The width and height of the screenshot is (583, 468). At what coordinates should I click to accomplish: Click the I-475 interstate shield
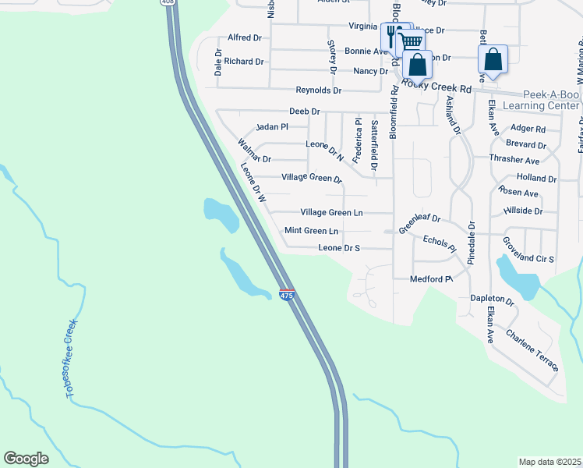click(x=287, y=295)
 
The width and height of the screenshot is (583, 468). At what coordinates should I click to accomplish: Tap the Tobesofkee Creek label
click(x=72, y=359)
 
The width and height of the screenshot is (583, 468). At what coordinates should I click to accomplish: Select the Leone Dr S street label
click(x=339, y=248)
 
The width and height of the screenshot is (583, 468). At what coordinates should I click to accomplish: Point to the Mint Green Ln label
click(x=311, y=231)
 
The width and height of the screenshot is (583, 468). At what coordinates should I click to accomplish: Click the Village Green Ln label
click(x=331, y=212)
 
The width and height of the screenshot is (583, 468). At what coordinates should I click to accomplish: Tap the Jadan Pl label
click(x=272, y=126)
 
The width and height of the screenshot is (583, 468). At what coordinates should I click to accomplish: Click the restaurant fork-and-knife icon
click(x=393, y=37)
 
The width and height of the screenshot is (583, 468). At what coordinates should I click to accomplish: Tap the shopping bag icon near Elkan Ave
click(x=493, y=59)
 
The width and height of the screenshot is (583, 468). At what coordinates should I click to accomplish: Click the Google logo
click(x=26, y=459)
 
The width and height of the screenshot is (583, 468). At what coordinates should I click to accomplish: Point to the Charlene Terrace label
click(x=532, y=349)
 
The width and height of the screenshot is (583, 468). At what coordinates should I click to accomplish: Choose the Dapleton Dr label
click(x=492, y=300)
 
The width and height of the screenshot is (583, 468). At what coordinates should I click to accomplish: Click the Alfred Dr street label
click(x=245, y=37)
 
